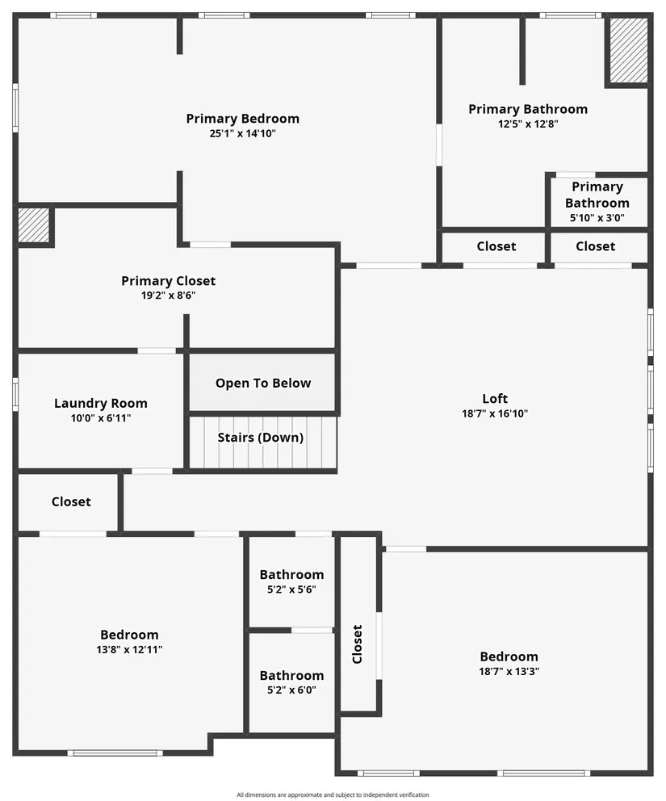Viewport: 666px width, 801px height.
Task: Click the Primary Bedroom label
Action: click(242, 119)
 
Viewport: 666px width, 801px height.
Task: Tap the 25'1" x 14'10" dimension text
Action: click(242, 134)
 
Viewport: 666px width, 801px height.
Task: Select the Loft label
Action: click(495, 398)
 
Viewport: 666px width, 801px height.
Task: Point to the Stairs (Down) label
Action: click(261, 438)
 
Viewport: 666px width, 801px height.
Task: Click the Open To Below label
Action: click(263, 383)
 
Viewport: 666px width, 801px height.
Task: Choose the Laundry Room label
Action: click(101, 403)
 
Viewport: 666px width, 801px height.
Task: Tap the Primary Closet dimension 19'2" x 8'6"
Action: click(168, 296)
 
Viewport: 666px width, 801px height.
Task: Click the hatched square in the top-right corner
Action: click(628, 50)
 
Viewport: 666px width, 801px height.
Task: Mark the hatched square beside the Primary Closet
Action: click(34, 225)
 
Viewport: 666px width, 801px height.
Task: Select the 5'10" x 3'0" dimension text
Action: click(597, 218)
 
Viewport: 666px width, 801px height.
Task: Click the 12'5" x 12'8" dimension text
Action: click(528, 124)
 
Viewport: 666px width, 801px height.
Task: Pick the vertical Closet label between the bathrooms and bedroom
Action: click(358, 644)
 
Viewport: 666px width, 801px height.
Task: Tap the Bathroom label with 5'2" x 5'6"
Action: click(291, 575)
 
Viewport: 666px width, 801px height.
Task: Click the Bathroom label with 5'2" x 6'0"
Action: click(291, 675)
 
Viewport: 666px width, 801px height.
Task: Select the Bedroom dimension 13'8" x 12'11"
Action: click(129, 649)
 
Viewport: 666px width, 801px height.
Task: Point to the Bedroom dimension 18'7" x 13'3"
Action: click(509, 671)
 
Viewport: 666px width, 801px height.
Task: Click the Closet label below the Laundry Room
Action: click(71, 501)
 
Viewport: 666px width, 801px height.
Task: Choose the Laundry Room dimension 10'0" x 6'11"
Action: click(101, 418)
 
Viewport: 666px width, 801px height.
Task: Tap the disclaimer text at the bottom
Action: click(333, 795)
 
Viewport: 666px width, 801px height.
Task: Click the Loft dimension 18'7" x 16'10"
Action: click(495, 413)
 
